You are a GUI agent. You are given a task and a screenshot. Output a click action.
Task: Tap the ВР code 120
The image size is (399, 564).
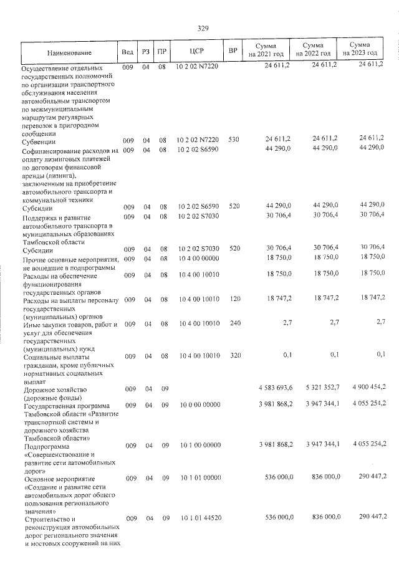(x=234, y=300)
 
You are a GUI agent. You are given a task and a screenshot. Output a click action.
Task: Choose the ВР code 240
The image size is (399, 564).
(x=234, y=324)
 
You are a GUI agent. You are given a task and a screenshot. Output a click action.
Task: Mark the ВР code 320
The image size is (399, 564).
(x=234, y=356)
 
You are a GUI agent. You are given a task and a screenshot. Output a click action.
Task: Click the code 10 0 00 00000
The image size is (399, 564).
(x=198, y=405)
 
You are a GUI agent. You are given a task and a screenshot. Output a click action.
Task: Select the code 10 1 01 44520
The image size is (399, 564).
(x=198, y=519)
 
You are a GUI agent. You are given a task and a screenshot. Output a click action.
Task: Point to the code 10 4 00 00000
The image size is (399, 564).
(x=198, y=258)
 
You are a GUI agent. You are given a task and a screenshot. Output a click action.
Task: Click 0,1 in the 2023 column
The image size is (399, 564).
(x=379, y=356)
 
